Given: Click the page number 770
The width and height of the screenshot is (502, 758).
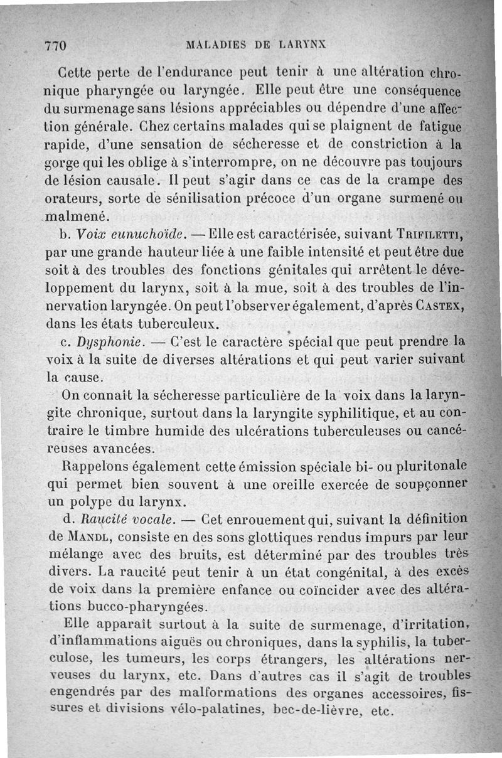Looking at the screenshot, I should coord(56,45).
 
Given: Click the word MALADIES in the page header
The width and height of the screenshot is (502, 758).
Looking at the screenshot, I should coord(215,45).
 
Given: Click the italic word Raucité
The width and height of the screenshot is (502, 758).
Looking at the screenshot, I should coord(93,520).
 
